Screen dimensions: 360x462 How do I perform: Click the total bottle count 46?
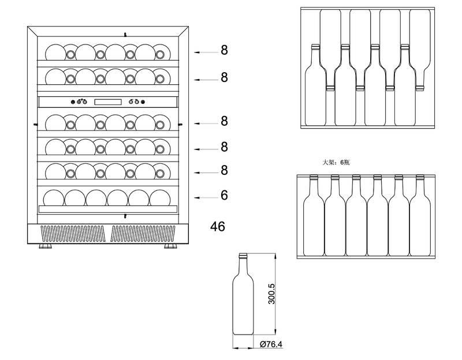tap(218, 226)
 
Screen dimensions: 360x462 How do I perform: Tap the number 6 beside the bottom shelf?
tap(224, 196)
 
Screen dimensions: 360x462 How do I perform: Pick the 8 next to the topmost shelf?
tap(224, 50)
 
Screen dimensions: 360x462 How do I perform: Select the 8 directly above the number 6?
tap(224, 171)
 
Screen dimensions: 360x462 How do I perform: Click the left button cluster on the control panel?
tap(79, 102)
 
